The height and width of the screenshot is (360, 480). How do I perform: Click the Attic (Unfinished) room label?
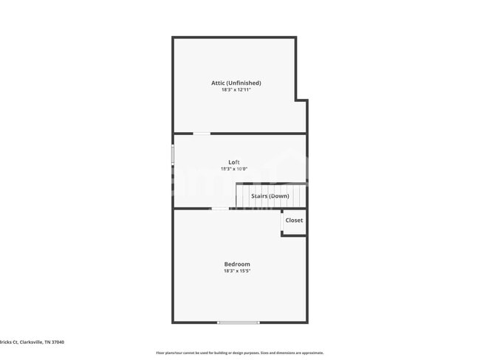pyautogui.click(x=236, y=83)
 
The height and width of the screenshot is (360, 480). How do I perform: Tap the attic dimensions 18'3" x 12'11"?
pyautogui.click(x=236, y=90)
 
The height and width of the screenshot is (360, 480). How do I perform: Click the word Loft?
pyautogui.click(x=234, y=162)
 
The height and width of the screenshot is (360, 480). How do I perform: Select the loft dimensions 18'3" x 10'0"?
pyautogui.click(x=234, y=169)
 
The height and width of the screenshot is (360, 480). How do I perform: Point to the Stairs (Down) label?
pyautogui.click(x=270, y=196)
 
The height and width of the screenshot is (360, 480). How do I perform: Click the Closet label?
pyautogui.click(x=294, y=221)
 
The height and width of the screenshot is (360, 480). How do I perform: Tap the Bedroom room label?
pyautogui.click(x=237, y=264)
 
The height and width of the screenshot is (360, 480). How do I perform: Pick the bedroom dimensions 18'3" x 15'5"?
pyautogui.click(x=237, y=271)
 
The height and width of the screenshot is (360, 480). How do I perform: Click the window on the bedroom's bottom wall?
pyautogui.click(x=238, y=322)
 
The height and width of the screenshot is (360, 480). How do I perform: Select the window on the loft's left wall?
pyautogui.click(x=173, y=154)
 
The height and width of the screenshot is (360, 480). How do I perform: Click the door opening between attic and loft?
pyautogui.click(x=201, y=134)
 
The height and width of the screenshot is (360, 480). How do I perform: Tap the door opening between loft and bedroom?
pyautogui.click(x=219, y=209)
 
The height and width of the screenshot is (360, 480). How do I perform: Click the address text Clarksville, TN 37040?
pyautogui.click(x=37, y=342)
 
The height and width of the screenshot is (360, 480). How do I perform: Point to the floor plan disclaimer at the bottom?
pyautogui.click(x=240, y=353)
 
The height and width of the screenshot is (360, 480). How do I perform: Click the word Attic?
pyautogui.click(x=219, y=83)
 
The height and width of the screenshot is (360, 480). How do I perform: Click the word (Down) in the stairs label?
pyautogui.click(x=279, y=196)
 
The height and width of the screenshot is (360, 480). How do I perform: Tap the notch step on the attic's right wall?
pyautogui.click(x=301, y=100)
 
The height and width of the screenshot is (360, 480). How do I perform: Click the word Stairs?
pyautogui.click(x=259, y=196)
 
